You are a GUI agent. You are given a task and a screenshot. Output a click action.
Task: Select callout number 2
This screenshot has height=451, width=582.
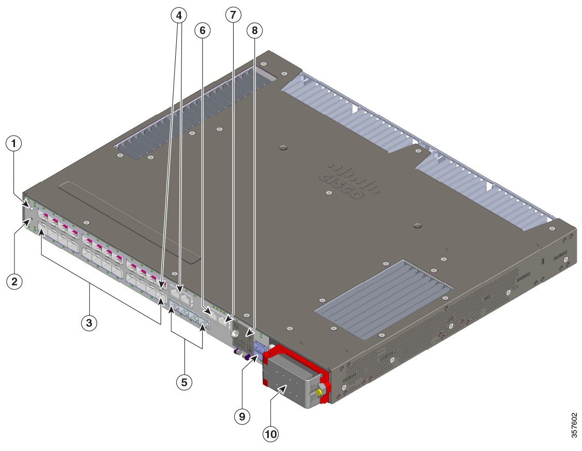pos(14,282)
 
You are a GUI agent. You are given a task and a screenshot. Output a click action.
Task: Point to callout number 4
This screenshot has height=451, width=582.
pos(178,16)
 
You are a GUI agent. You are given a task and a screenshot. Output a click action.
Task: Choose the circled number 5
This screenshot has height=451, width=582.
pos(183,382)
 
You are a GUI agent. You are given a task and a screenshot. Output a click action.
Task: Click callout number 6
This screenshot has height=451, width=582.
pos(202,31)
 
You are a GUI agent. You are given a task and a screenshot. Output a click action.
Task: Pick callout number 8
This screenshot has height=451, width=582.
pos(254,31)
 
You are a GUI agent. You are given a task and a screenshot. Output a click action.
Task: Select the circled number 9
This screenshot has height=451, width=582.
pos(242,416)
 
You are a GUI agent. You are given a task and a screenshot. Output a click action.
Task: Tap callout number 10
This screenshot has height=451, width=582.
pos(270,434)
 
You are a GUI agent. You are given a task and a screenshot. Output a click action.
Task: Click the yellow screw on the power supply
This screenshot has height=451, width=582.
pos(319,394)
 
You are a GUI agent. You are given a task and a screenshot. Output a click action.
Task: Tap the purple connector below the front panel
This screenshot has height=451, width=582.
pos(247,357)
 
